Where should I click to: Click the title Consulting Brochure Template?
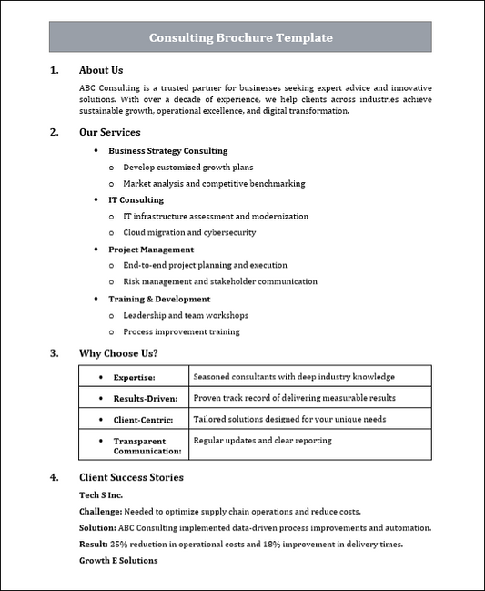coord(240,38)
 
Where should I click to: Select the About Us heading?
coord(101,70)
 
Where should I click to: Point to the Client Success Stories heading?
coord(131,477)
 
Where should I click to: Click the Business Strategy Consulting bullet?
coord(167,150)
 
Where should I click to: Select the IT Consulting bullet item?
coord(136,199)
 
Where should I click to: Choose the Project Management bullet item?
coord(151,249)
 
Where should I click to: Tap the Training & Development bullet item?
coord(159,299)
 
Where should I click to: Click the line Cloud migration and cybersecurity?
coord(189,232)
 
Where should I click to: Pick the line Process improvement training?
coord(181,331)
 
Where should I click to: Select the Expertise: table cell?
coord(134,377)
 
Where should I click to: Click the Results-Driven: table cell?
coord(145,398)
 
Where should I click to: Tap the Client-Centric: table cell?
coord(146,420)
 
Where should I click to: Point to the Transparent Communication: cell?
coord(147,446)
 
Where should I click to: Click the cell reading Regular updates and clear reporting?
coord(262,441)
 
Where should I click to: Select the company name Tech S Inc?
coord(101,494)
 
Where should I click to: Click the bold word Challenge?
coord(101,512)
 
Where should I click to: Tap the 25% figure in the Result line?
coord(118,545)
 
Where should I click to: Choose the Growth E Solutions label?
coord(118,561)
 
